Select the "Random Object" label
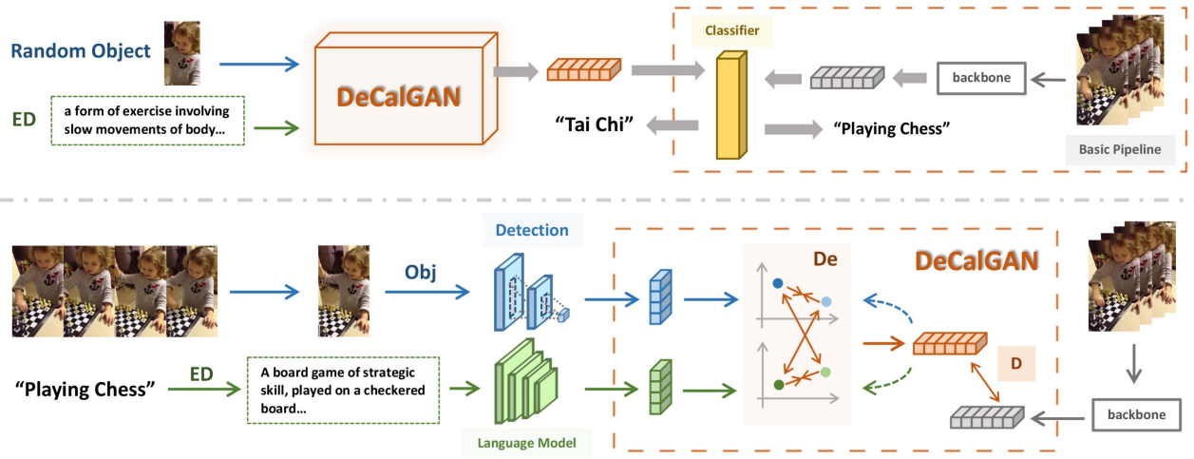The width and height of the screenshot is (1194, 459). [x=81, y=51]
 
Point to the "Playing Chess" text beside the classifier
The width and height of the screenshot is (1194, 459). [x=891, y=127]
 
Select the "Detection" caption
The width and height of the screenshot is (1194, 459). [x=531, y=230]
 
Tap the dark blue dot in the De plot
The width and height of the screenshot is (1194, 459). [x=778, y=282]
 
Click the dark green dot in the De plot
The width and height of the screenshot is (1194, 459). [x=779, y=385]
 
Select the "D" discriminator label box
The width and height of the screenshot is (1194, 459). [x=1014, y=363]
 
